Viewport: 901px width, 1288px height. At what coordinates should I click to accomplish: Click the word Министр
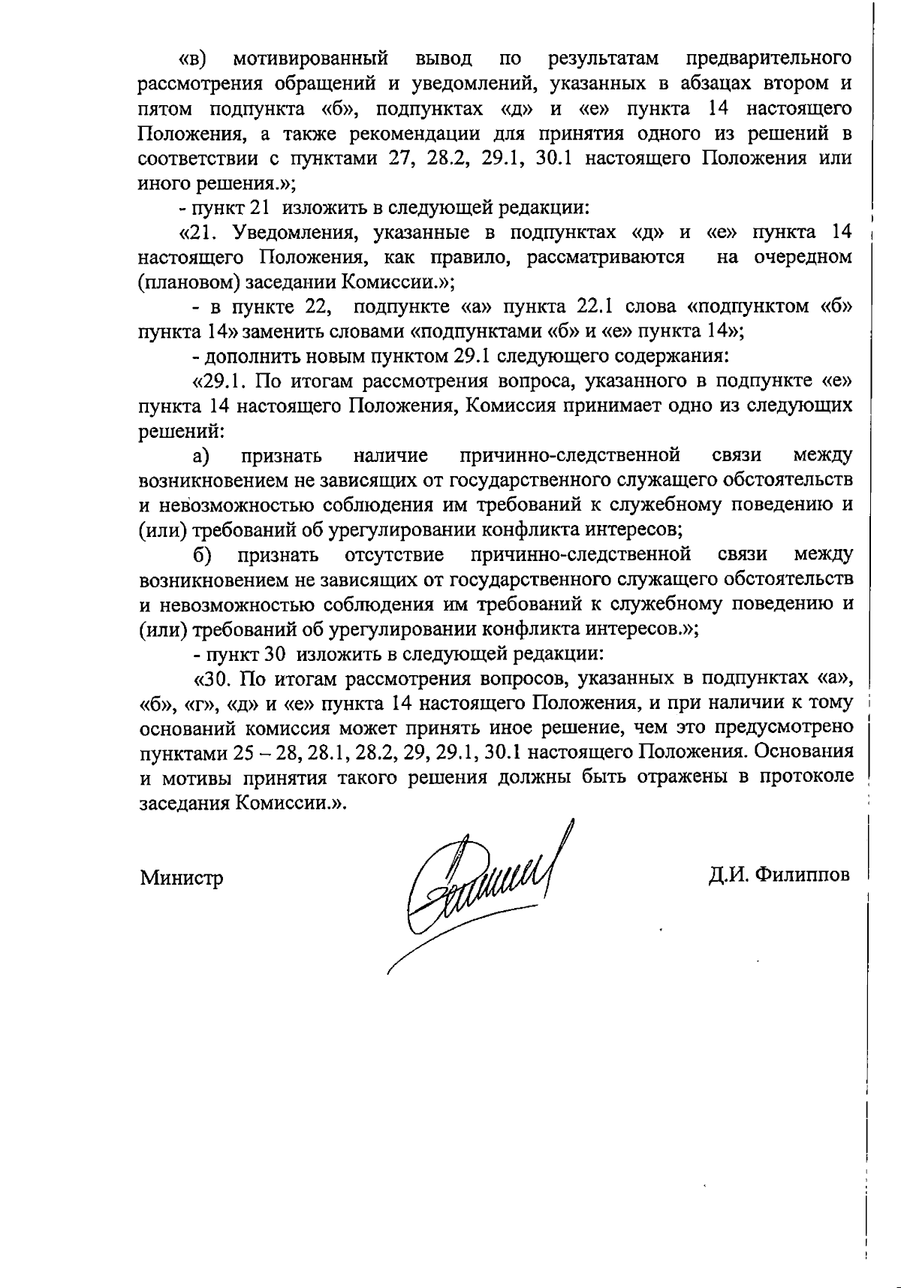coord(181,877)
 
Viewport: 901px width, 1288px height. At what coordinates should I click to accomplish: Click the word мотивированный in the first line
coord(311,58)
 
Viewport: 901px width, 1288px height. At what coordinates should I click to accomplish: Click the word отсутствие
coord(394,554)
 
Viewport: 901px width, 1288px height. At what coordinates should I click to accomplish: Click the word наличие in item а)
coord(390,455)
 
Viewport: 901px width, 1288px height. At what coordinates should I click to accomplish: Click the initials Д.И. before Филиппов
coord(727,875)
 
